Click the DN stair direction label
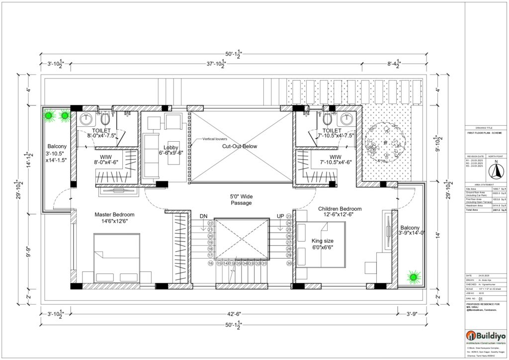pyautogui.click(x=203, y=216)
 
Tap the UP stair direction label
pyautogui.click(x=280, y=216)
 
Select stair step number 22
pyautogui.click(x=210, y=224)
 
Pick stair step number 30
pyautogui.click(x=289, y=264)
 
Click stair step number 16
pyautogui.click(x=210, y=264)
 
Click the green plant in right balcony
pyautogui.click(x=412, y=276)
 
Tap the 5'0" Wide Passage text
pyautogui.click(x=241, y=199)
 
